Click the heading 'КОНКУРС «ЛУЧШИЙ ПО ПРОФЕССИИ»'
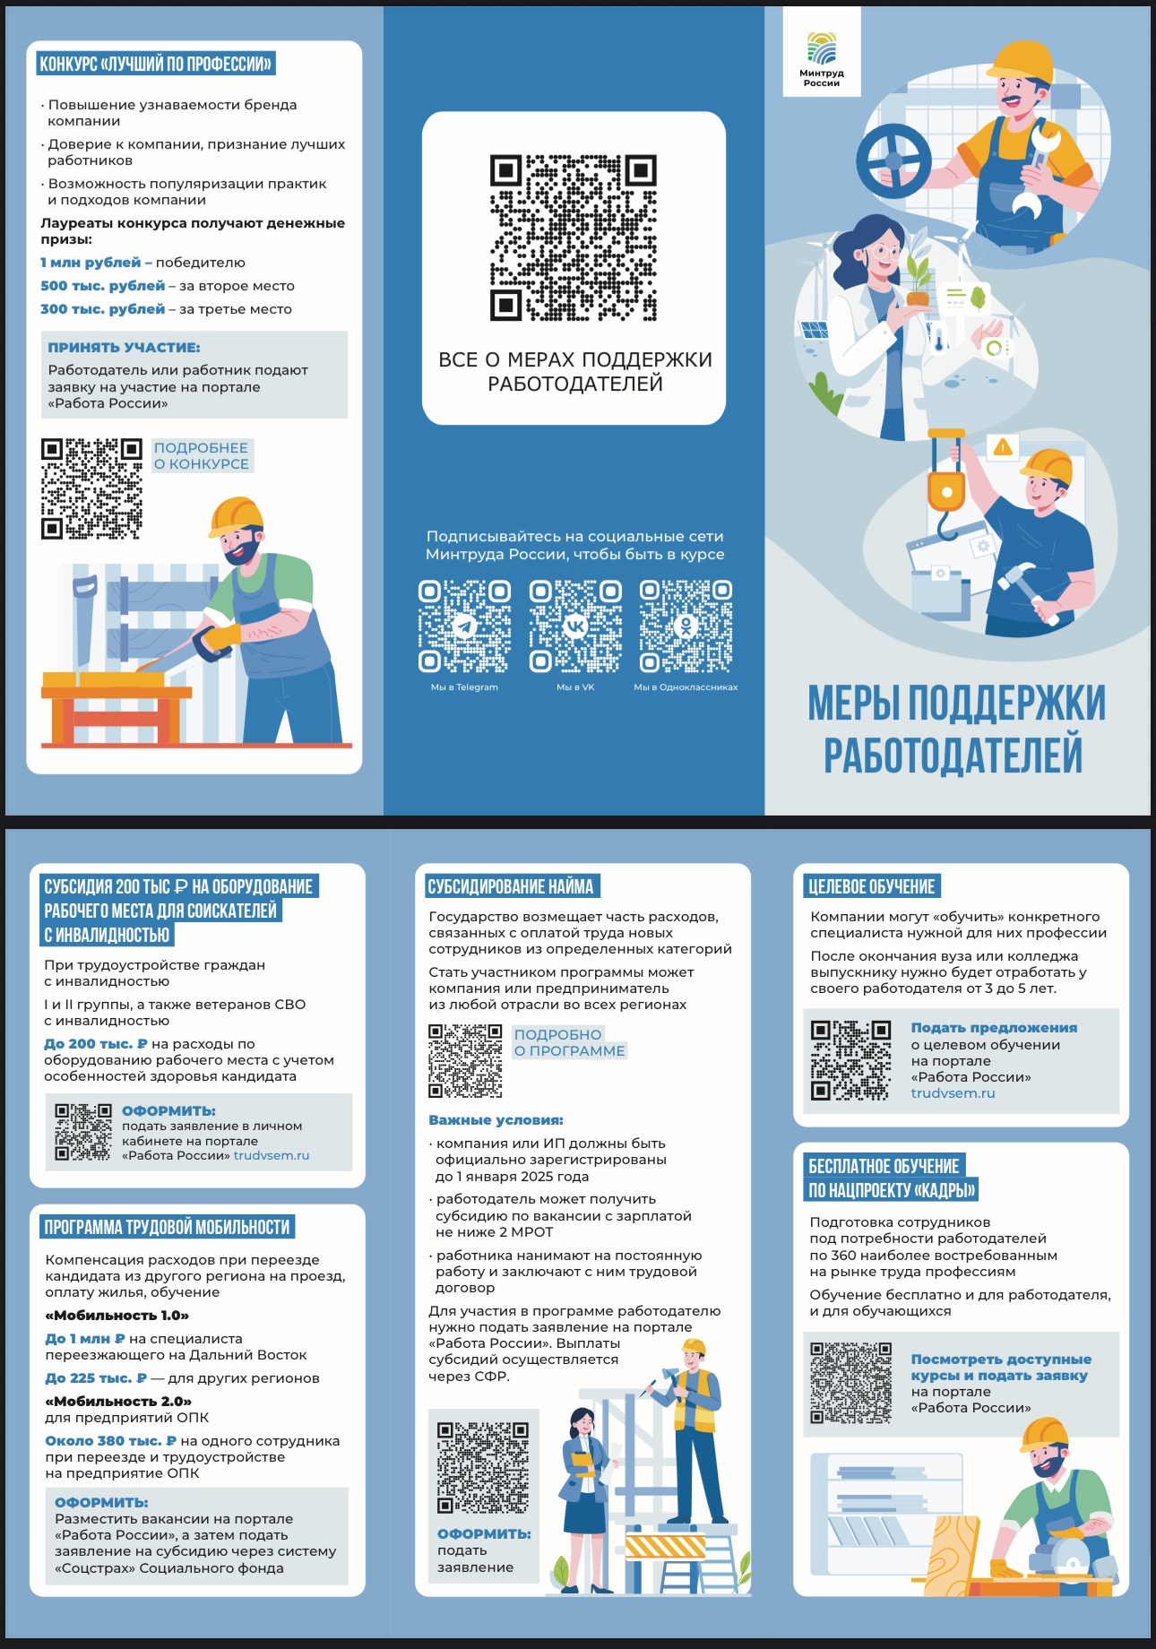tap(155, 64)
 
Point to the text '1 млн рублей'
tap(91, 263)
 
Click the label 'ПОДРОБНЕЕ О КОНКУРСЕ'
tap(202, 455)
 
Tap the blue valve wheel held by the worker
tap(893, 161)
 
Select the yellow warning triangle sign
tap(1003, 446)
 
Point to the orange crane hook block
tap(945, 485)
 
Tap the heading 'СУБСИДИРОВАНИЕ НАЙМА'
tap(511, 886)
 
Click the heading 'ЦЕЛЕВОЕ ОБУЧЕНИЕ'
tap(871, 886)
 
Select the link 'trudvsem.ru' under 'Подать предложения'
tap(953, 1093)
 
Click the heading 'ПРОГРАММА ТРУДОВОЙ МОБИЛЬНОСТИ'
tap(168, 1227)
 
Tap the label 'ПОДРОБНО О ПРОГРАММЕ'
tap(569, 1042)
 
